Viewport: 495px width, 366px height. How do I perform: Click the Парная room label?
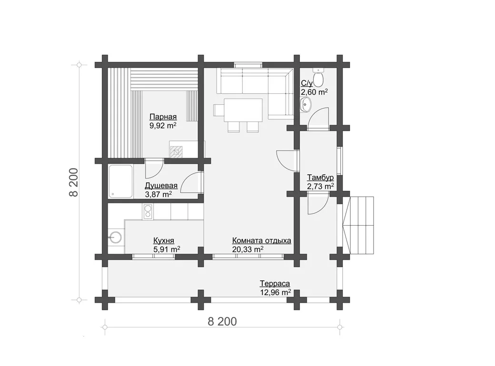tap(163, 117)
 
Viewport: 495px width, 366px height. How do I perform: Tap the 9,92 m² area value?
tap(163, 126)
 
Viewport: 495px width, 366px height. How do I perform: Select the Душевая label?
tap(161, 186)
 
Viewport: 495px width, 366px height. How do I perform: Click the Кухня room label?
tap(164, 241)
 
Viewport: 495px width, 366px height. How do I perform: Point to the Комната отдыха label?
tap(262, 241)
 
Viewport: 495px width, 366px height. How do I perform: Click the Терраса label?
tap(275, 284)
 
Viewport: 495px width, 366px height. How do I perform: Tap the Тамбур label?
tap(320, 178)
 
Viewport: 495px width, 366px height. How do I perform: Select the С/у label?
tap(307, 83)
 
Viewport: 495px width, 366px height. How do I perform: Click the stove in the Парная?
tap(176, 152)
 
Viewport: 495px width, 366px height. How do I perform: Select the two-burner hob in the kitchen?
tap(148, 212)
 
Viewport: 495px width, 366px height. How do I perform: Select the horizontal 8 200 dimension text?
tap(222, 322)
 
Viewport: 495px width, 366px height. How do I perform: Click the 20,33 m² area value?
tap(248, 249)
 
